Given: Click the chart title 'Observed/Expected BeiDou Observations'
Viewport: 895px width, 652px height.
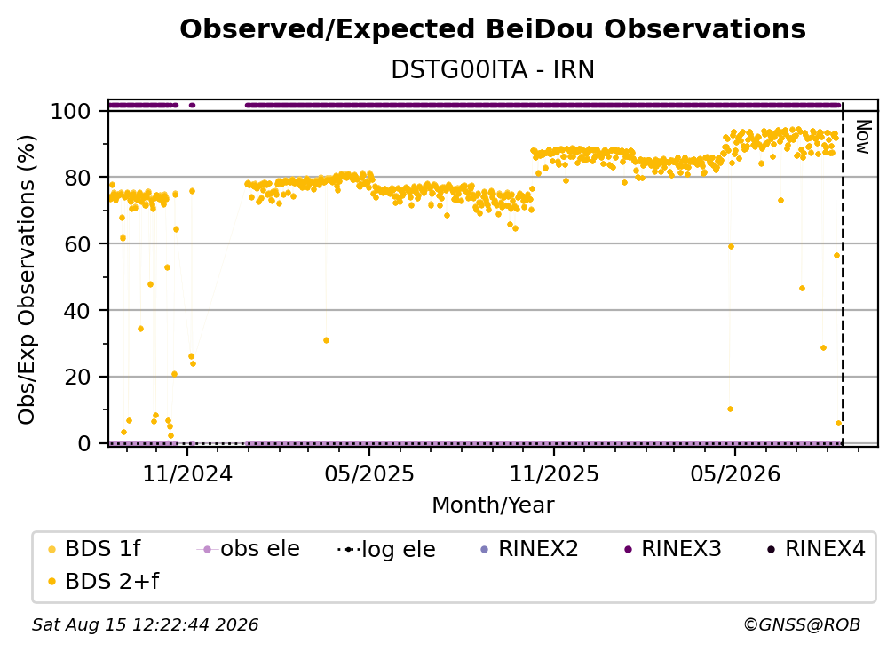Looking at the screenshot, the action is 493,29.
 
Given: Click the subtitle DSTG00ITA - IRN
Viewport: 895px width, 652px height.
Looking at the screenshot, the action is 493,69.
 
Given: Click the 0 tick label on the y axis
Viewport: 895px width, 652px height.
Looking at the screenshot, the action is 83,443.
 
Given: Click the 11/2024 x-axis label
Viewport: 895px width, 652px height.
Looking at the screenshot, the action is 187,473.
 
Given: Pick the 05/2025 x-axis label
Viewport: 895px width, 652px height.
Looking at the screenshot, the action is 369,473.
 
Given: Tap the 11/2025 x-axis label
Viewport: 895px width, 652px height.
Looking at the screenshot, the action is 554,473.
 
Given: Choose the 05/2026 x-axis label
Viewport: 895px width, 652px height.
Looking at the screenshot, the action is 735,473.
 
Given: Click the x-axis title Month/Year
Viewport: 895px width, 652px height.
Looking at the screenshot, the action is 493,505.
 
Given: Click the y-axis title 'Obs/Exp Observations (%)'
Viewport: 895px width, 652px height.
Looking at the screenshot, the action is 27,279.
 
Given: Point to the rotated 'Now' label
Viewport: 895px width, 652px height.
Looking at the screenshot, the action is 863,137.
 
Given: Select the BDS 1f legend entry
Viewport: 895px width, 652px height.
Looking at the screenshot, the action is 94,549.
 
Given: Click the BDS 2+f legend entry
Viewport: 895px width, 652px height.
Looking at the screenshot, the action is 103,581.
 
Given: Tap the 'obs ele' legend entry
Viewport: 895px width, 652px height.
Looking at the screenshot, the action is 249,549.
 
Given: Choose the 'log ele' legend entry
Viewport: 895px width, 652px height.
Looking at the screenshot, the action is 386,549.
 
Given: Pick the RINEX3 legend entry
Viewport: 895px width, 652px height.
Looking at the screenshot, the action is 673,549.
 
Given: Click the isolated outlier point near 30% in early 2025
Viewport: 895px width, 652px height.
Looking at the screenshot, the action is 326,340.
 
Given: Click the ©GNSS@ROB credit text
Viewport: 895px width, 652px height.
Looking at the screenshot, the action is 802,624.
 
